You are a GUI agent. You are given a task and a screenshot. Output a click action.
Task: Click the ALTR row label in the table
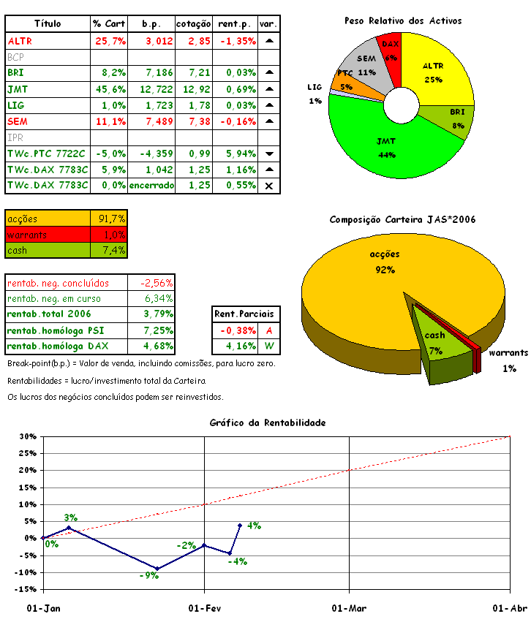click(x=20, y=41)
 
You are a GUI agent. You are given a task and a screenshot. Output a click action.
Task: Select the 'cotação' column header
click(x=194, y=24)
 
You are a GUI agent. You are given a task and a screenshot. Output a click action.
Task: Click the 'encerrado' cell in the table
click(x=151, y=186)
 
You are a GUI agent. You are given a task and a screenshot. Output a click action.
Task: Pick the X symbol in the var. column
click(x=268, y=186)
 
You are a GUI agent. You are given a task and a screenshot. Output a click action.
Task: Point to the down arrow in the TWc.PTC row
click(x=268, y=154)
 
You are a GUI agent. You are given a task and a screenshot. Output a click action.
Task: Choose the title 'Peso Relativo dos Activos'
click(x=403, y=21)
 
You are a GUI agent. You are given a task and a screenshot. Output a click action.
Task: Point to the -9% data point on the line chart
click(x=157, y=569)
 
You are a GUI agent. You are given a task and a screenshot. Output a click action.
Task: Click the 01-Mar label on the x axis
click(x=349, y=608)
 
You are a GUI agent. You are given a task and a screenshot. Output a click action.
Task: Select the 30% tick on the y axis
click(x=27, y=437)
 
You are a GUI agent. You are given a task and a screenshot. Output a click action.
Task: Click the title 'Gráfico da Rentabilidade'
click(x=267, y=422)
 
